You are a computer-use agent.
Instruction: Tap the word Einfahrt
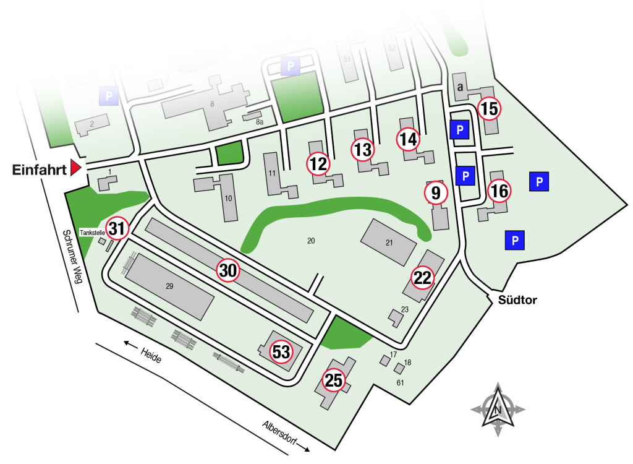38,170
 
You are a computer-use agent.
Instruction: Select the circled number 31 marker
117,229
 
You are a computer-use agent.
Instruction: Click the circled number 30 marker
227,270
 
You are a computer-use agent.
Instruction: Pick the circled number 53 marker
281,352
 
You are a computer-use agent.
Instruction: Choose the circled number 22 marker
422,278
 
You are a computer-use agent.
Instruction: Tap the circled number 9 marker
436,193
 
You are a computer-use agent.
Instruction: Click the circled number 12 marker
318,164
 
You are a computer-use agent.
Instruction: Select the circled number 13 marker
363,149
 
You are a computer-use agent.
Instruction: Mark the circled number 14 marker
408,140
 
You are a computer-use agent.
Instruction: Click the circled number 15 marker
489,109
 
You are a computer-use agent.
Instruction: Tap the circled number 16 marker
499,192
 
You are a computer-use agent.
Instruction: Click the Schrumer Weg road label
73,257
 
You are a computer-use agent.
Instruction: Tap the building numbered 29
170,285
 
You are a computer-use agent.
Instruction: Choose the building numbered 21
389,243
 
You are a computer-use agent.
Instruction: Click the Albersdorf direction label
284,434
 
